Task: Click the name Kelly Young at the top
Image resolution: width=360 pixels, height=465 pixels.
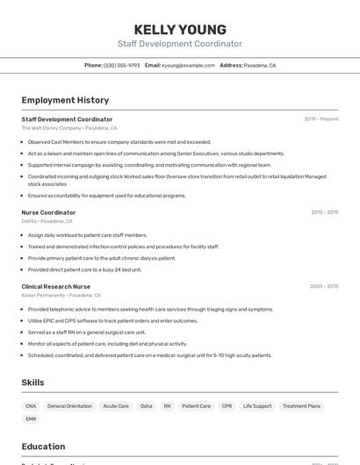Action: click(180, 29)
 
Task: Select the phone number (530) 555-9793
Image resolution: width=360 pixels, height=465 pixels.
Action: click(121, 65)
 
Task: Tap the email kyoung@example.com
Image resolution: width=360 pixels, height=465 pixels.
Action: click(188, 65)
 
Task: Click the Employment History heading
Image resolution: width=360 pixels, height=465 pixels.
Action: click(65, 100)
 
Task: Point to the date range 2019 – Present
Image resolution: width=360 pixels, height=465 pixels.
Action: click(320, 119)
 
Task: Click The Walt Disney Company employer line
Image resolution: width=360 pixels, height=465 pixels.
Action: click(69, 128)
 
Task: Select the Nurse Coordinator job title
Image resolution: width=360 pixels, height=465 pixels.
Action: click(48, 212)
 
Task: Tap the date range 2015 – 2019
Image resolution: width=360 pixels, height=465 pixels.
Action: click(324, 212)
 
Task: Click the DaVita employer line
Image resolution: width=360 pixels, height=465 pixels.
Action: click(47, 221)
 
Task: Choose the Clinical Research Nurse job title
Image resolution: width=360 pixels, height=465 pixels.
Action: click(55, 286)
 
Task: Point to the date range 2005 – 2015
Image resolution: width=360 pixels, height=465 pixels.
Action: click(324, 286)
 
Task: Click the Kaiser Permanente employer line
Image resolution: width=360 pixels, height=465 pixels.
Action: click(61, 296)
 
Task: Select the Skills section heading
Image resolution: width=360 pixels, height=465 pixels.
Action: click(32, 383)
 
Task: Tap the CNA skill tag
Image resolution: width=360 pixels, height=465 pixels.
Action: click(31, 406)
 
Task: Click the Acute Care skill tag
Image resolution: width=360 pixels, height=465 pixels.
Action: click(116, 406)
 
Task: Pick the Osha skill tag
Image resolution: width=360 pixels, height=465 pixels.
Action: click(146, 406)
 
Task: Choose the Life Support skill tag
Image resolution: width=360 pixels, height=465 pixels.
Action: click(257, 406)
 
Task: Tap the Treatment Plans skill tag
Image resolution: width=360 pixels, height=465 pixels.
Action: click(301, 406)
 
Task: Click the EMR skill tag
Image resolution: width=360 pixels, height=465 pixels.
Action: click(31, 419)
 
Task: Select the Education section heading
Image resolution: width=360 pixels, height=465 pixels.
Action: click(43, 447)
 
